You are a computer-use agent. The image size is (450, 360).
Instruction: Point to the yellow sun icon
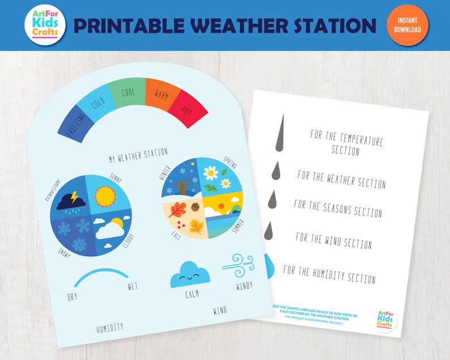(x=105, y=196)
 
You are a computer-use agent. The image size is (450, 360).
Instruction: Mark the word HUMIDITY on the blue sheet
(x=110, y=328)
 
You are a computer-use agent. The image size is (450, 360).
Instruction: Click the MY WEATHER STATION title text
(x=138, y=153)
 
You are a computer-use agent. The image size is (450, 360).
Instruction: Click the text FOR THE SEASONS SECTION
(x=338, y=208)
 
